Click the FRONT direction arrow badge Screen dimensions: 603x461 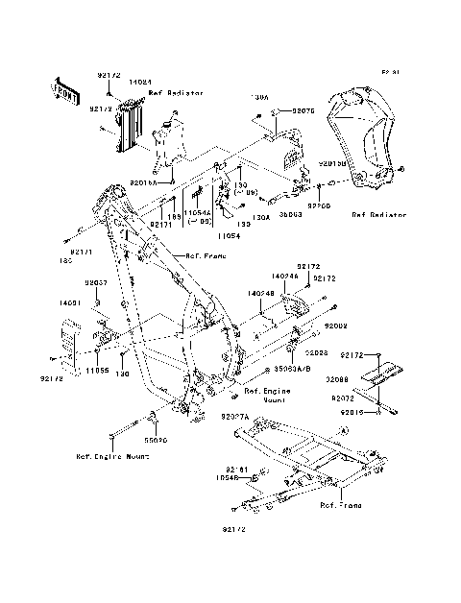[x=66, y=89]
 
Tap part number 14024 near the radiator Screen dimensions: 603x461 [x=140, y=84]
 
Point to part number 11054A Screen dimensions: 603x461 [x=198, y=212]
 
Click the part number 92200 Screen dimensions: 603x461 [x=319, y=205]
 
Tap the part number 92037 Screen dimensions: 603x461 [x=94, y=283]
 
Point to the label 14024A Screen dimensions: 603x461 [x=282, y=275]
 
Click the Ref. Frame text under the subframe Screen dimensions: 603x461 [x=340, y=504]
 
